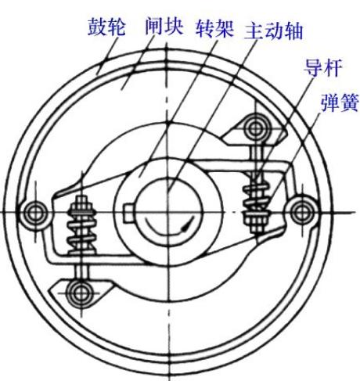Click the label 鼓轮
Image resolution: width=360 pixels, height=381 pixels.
(106, 27)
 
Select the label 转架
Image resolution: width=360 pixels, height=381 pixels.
(214, 27)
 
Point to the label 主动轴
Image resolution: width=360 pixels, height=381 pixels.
(273, 31)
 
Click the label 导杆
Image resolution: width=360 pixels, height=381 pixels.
(323, 67)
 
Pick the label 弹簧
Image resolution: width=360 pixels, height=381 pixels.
(340, 102)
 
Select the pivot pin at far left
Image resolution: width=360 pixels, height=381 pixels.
(34, 213)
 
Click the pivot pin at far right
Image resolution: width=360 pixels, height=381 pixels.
(302, 211)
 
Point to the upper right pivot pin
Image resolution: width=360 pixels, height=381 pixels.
(256, 128)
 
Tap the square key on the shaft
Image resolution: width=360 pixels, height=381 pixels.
(129, 214)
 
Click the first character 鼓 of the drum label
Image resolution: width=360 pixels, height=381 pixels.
(97, 27)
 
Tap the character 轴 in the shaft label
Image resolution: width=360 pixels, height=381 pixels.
(293, 31)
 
